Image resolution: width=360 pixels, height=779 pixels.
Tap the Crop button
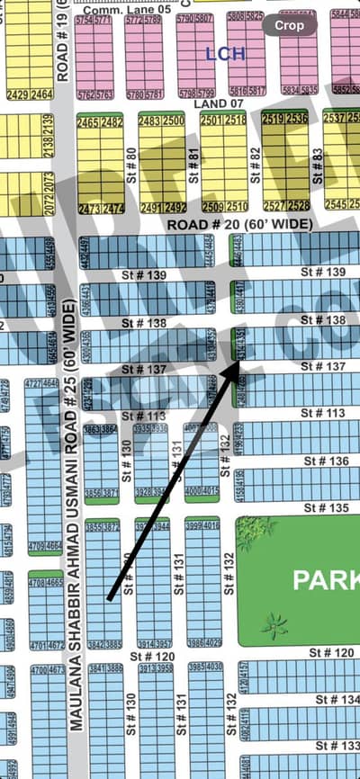pos(289,25)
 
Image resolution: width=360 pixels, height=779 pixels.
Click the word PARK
pos(325,581)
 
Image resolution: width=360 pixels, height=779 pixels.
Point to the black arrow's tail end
pos(108,597)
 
